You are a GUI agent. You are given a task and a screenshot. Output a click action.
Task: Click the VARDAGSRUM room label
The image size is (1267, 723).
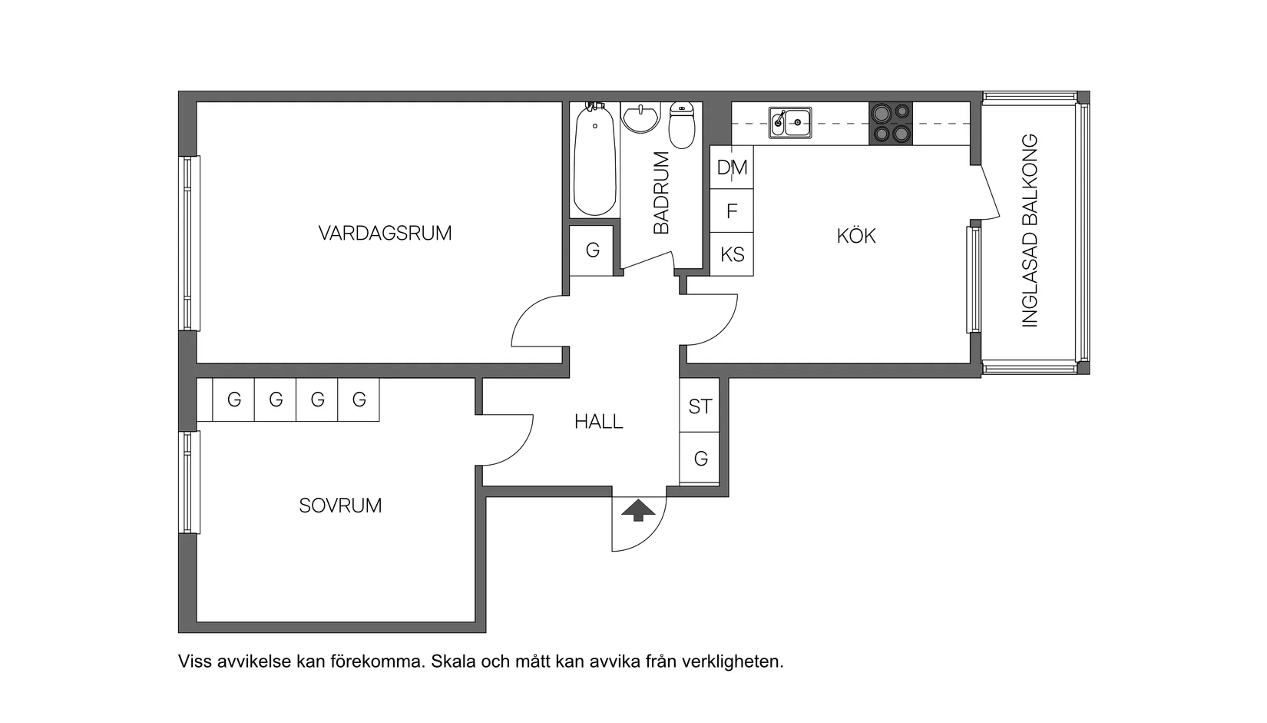pos(385,233)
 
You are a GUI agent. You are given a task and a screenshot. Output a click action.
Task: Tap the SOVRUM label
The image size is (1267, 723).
pos(340,506)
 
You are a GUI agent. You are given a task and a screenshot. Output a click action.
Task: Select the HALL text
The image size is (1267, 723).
pos(598,421)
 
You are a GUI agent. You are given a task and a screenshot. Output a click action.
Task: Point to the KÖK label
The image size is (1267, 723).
pos(855,236)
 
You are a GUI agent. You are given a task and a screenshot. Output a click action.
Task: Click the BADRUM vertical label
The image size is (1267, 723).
pos(661,193)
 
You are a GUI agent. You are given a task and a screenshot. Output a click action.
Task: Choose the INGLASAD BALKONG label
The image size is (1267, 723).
pos(1030,231)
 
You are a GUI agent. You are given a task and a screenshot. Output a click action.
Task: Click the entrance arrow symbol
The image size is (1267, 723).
pos(638,510)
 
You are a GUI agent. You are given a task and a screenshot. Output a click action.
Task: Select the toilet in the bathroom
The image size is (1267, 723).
pos(682,125)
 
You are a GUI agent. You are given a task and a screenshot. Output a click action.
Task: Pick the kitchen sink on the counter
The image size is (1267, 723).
pos(790,123)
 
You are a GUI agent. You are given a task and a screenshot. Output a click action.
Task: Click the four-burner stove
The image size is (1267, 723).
pos(891,123)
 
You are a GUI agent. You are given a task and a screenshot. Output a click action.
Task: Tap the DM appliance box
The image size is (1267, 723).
pos(732,167)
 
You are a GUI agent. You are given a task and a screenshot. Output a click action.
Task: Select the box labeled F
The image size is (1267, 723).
pos(732,211)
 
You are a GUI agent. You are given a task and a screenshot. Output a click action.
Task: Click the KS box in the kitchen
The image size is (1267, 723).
pos(732,254)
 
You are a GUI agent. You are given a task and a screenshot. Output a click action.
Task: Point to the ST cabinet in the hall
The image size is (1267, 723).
pos(700,406)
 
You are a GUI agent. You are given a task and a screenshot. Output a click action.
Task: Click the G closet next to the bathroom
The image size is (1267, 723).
pos(592,250)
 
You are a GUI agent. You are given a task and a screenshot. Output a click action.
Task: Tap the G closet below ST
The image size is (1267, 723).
pos(700,459)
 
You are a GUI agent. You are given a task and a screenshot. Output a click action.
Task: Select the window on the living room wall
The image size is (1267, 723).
pos(190,244)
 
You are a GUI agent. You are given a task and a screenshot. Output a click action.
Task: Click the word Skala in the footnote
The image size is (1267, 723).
pos(455,662)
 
